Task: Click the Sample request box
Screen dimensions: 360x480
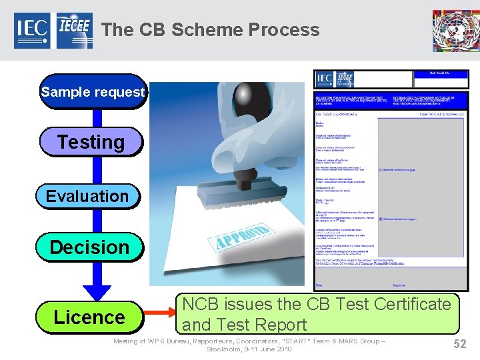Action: (x=92, y=92)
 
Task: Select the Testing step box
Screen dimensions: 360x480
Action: (x=91, y=142)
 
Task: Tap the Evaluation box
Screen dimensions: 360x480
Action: (x=87, y=196)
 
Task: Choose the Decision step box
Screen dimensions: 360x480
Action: (x=89, y=247)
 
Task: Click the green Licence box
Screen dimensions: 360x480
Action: (x=89, y=317)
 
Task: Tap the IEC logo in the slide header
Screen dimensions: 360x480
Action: (x=32, y=31)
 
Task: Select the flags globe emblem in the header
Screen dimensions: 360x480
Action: (x=455, y=30)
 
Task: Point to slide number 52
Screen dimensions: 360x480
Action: (x=459, y=344)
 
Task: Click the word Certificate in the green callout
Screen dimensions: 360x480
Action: (x=413, y=304)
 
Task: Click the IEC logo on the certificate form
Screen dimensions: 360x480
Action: (x=325, y=79)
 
